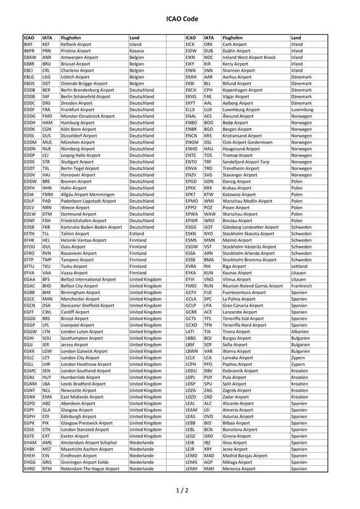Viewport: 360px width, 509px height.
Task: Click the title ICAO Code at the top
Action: [179, 19]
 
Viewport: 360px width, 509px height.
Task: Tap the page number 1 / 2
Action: [179, 491]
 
